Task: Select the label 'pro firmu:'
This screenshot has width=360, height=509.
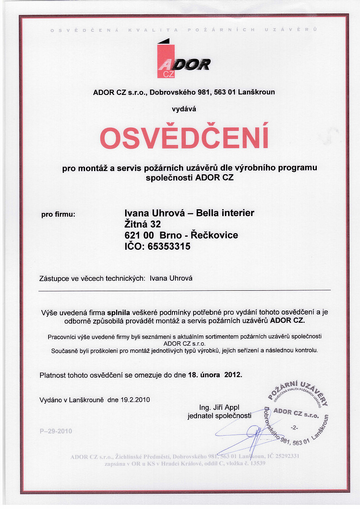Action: click(58, 214)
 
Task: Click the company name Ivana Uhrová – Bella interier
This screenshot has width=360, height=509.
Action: click(189, 212)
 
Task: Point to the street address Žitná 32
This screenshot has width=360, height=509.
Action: click(142, 224)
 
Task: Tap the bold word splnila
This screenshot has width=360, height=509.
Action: click(118, 312)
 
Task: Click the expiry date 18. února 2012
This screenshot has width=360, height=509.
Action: click(215, 374)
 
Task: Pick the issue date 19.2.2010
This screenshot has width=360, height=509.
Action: click(135, 399)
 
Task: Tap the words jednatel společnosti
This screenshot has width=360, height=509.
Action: click(219, 416)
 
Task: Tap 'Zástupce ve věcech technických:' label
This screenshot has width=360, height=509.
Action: click(92, 279)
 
